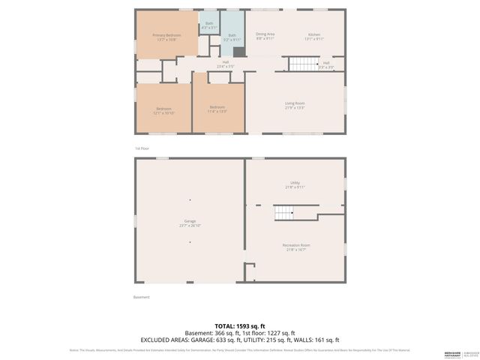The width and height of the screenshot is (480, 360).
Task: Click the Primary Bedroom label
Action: [166, 37]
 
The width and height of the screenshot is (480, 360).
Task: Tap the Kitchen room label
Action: [314, 37]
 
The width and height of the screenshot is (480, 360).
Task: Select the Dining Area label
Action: [265, 36]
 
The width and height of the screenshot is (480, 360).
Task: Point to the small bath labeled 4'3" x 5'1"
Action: [209, 25]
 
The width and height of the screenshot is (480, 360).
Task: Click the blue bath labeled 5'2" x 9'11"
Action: [232, 37]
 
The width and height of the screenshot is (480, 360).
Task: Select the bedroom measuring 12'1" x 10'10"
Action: [163, 111]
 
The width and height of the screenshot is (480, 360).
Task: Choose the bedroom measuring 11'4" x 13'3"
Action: [217, 109]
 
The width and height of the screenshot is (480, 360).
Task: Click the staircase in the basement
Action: [283, 215]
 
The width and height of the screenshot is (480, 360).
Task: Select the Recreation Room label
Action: [295, 247]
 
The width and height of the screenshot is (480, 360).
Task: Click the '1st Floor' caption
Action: [142, 148]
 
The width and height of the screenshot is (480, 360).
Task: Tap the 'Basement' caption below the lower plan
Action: [142, 297]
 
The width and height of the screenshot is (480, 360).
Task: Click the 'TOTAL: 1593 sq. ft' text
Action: [240, 325]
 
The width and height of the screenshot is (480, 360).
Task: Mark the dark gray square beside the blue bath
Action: [238, 52]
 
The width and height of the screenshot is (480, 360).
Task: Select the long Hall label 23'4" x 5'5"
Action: [225, 64]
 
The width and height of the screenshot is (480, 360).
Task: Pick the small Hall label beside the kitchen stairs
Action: [326, 65]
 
